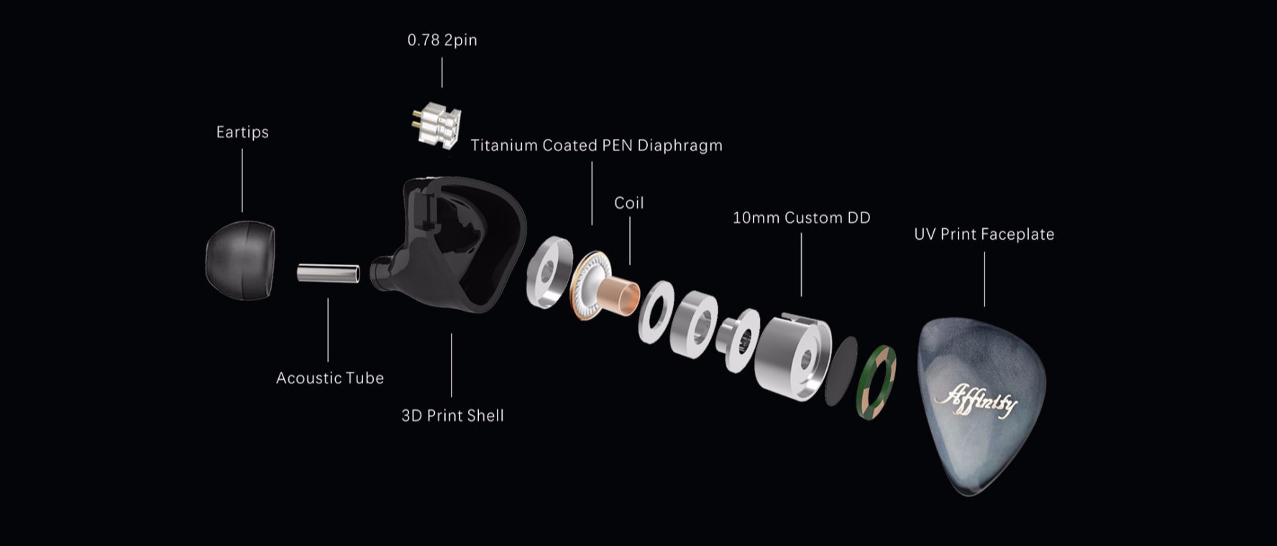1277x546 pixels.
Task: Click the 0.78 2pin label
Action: (442, 40)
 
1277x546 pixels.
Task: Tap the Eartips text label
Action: (242, 132)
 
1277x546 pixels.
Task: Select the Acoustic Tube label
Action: (330, 378)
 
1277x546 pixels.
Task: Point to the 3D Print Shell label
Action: (452, 416)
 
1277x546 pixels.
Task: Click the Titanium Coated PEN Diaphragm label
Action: (596, 145)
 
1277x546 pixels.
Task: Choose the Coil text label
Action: (629, 203)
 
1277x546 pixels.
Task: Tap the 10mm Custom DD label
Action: (801, 218)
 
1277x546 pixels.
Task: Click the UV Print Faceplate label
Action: (984, 235)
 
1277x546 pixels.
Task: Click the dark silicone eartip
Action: (240, 260)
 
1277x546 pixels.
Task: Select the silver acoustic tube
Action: (329, 273)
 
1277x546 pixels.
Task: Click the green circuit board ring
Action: (875, 382)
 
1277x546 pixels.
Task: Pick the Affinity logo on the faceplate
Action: (976, 400)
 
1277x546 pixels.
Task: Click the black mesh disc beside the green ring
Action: (841, 371)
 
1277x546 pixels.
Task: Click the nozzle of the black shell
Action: (381, 273)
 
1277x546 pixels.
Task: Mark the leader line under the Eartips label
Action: (242, 181)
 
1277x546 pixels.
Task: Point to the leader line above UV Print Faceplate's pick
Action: (984, 279)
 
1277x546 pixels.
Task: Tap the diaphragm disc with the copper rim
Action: (588, 286)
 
